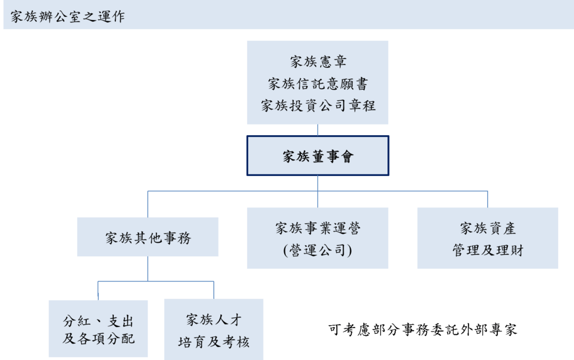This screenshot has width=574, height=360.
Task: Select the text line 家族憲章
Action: (318, 62)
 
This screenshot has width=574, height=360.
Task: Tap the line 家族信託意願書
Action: (318, 84)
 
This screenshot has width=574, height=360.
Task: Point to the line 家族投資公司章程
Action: (318, 105)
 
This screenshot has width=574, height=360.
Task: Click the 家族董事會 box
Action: (318, 156)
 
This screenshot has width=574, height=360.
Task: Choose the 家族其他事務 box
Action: (148, 238)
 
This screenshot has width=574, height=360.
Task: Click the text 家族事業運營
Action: (318, 228)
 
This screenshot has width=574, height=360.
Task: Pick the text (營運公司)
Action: (318, 250)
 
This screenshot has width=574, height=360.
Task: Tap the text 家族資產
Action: (488, 228)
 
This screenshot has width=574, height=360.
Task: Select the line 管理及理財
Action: (488, 250)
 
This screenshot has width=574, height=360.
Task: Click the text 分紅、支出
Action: (98, 321)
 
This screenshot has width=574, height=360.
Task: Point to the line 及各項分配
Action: (98, 339)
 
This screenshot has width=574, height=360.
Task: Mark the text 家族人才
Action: (214, 320)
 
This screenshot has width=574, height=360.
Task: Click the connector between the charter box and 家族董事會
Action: (318, 130)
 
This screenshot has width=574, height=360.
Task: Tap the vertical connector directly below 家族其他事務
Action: (148, 269)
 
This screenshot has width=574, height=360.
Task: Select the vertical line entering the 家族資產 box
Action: (488, 199)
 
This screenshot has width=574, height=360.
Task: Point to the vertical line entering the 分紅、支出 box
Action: (98, 290)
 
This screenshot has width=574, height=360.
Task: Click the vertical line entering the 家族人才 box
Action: (214, 289)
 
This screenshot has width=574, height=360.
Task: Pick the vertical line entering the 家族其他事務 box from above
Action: (148, 204)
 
